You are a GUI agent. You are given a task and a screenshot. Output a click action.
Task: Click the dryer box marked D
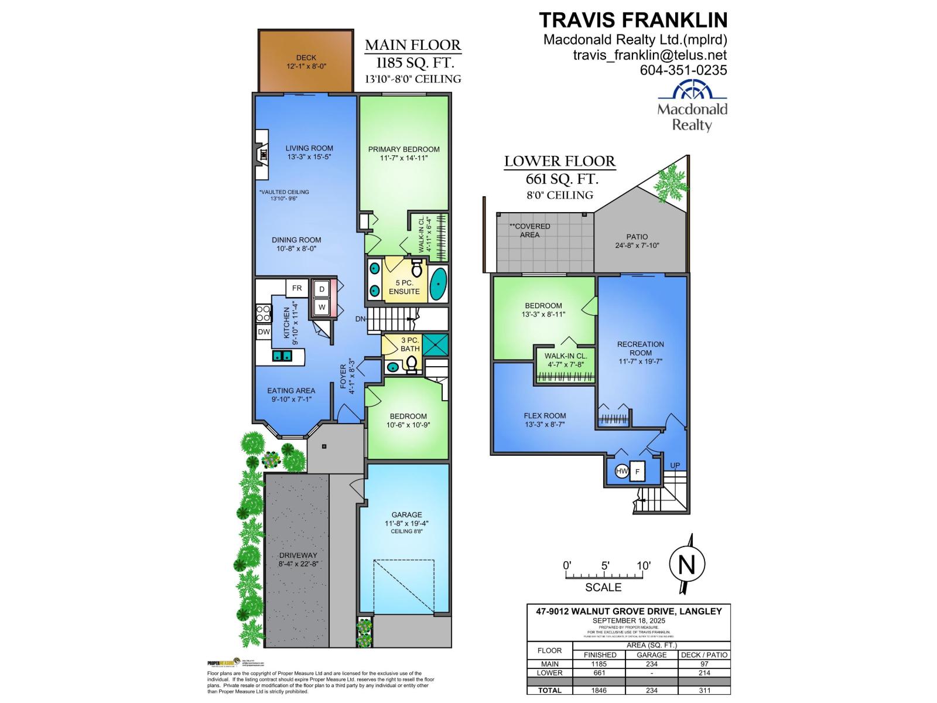click(x=322, y=289)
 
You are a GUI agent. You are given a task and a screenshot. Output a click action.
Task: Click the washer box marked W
click(x=322, y=307)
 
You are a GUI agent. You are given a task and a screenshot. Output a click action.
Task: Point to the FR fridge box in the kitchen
click(x=297, y=288)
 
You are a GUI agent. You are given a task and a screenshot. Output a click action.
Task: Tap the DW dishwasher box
click(x=264, y=332)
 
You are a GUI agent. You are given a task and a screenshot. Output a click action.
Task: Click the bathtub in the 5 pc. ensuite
click(x=438, y=285)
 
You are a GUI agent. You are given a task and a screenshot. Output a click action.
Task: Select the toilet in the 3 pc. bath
click(x=412, y=364)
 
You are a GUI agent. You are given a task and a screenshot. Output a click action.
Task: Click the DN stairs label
click(x=361, y=319)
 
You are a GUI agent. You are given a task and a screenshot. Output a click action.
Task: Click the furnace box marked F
click(x=637, y=471)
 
